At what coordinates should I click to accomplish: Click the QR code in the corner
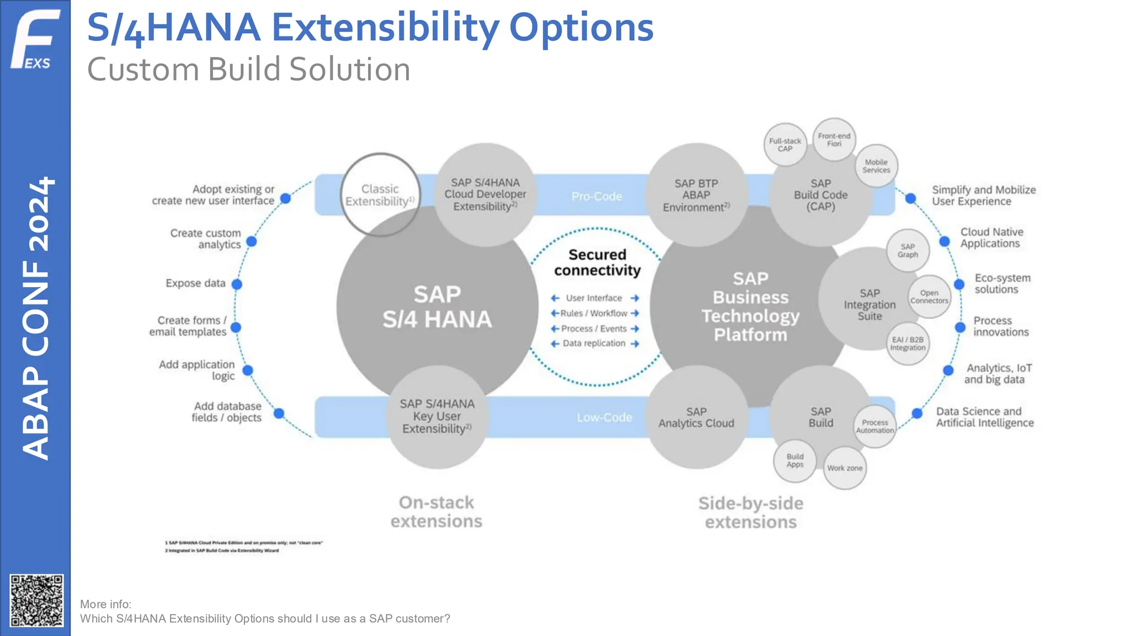click(36, 601)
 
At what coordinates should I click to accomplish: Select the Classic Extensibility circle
click(380, 195)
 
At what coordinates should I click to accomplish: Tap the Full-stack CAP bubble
click(785, 145)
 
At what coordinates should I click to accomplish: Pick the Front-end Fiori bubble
click(834, 140)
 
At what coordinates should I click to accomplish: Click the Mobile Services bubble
click(876, 166)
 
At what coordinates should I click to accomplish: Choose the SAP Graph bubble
click(908, 251)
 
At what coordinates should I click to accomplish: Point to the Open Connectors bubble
click(929, 297)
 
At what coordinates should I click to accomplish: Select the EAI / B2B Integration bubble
click(908, 343)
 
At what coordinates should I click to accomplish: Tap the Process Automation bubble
click(875, 426)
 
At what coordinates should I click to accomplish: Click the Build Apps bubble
click(795, 460)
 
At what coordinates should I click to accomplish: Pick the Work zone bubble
click(844, 468)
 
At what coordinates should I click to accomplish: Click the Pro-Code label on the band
click(596, 197)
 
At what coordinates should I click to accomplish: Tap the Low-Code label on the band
click(604, 417)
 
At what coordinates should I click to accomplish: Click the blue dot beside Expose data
click(237, 284)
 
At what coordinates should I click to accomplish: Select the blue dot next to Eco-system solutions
click(959, 284)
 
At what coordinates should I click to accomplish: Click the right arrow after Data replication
click(635, 344)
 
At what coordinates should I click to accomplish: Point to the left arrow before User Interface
click(555, 298)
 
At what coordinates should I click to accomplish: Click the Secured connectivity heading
click(598, 262)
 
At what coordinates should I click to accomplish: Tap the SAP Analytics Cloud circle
click(696, 418)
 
